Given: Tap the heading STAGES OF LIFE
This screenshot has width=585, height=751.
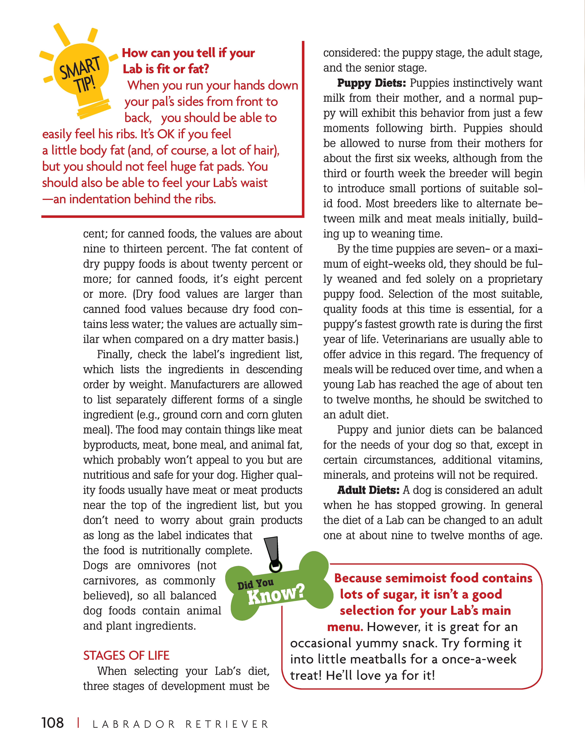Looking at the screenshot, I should coord(126,655).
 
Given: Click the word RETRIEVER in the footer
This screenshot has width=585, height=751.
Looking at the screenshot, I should coord(227,724).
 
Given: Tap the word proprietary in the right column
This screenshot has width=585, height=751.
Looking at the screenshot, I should coord(515,279).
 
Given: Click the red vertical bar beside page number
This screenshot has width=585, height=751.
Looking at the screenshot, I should coord(79,723).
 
